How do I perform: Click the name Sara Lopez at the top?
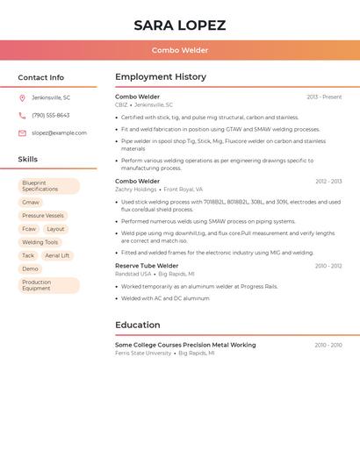[x=180, y=25]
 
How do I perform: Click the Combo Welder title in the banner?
[x=180, y=50]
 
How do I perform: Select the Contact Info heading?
[x=41, y=77]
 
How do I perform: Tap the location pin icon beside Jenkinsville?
[x=22, y=97]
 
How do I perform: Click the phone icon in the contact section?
[x=22, y=115]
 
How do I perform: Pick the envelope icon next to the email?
[x=22, y=133]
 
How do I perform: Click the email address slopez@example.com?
[x=59, y=133]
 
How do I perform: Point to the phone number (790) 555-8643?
[x=51, y=115]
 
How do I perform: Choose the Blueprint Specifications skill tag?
[x=48, y=186]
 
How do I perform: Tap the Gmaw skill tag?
[x=31, y=203]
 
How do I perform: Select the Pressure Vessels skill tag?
[x=43, y=216]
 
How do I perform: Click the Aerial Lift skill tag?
[x=57, y=255]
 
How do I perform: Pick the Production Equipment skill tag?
[x=48, y=285]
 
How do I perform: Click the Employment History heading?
[x=161, y=77]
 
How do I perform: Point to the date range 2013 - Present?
[x=324, y=97]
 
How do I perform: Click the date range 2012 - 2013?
[x=328, y=182]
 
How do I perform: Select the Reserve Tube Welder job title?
[x=147, y=266]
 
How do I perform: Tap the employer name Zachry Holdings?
[x=136, y=190]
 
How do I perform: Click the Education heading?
[x=138, y=325]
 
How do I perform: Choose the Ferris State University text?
[x=143, y=353]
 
